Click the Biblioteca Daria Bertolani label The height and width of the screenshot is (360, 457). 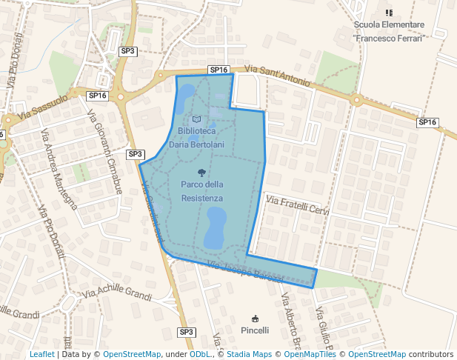click(x=193, y=138)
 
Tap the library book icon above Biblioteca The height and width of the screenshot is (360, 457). click(x=196, y=119)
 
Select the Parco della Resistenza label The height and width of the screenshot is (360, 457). click(x=201, y=191)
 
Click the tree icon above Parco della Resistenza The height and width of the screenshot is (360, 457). click(x=201, y=172)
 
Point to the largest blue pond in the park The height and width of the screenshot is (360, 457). click(x=216, y=228)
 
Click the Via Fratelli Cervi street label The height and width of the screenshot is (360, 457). click(x=296, y=205)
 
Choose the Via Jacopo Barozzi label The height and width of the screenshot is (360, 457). click(x=245, y=271)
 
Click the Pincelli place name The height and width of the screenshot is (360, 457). click(x=256, y=329)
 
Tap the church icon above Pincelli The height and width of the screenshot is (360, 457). click(x=256, y=317)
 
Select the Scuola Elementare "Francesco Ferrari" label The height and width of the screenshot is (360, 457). click(x=389, y=30)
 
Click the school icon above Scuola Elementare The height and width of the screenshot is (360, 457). click(x=389, y=13)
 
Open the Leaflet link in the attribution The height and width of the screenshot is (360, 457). click(x=42, y=354)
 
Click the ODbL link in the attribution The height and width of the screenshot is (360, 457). click(x=200, y=354)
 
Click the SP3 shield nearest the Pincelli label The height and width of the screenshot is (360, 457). click(x=186, y=332)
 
